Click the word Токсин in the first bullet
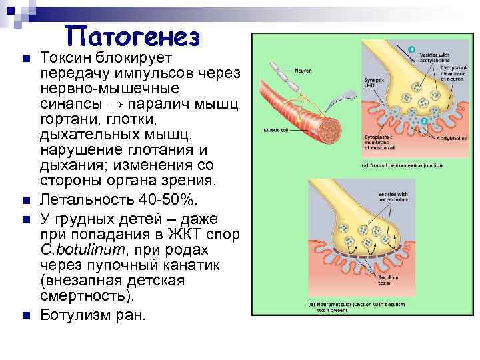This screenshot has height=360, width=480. point(67,58)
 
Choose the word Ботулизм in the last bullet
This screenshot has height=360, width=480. point(75,314)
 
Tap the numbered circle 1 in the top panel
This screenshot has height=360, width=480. point(411,49)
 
